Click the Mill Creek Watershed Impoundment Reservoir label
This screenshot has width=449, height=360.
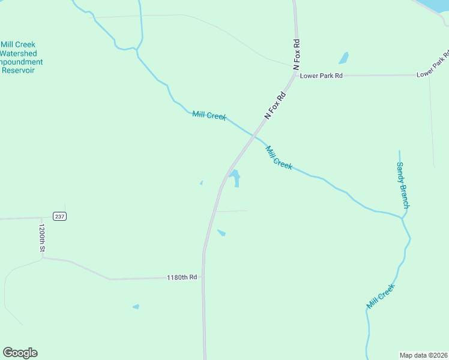coord(19,58)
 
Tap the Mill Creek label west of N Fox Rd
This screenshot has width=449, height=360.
coord(209,115)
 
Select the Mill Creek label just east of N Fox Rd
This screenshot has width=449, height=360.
coord(279,158)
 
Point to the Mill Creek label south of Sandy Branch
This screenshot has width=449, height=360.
coord(381,296)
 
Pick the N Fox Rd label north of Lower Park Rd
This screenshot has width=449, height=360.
coord(296,55)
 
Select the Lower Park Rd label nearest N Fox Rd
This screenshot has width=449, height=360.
coord(321,76)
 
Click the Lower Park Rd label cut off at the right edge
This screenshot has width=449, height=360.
coord(433,66)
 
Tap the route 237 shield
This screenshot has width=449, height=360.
coord(59,216)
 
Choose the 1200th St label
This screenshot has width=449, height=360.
coord(42,239)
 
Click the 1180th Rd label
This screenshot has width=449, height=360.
coord(182,277)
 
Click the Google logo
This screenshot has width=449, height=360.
coord(20,353)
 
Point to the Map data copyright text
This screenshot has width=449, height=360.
coord(423,355)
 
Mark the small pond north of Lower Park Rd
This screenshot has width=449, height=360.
coord(343,58)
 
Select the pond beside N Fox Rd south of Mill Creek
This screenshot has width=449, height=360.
coord(235,178)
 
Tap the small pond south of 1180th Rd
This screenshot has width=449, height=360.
coord(136,307)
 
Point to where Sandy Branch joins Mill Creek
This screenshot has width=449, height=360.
coord(403,217)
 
